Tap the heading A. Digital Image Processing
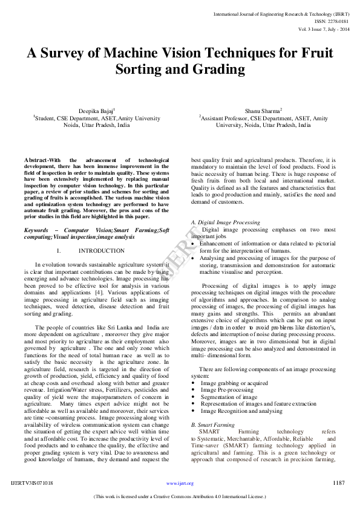point(225,223)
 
